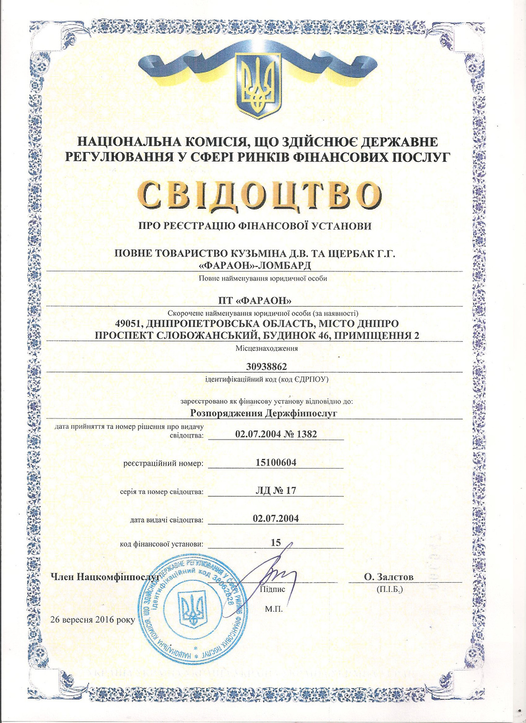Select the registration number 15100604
pos(276,462)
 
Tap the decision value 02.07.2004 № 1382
pos(276,434)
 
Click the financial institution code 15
pos(276,543)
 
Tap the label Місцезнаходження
pos(267,348)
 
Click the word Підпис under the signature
pos(272,589)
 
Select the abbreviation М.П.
pos(273,609)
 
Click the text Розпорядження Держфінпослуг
pos(263,413)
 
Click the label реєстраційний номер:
pos(163,463)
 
